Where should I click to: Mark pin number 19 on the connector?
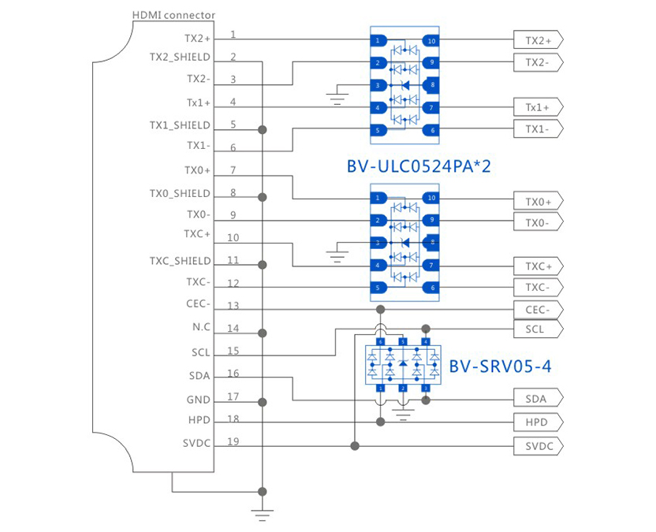233,441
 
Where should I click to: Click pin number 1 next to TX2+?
233,35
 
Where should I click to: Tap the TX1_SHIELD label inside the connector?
180,125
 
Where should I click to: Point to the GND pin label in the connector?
198,400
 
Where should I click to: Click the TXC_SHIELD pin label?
180,261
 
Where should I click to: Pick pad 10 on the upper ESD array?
430,40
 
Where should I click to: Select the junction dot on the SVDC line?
356,446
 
